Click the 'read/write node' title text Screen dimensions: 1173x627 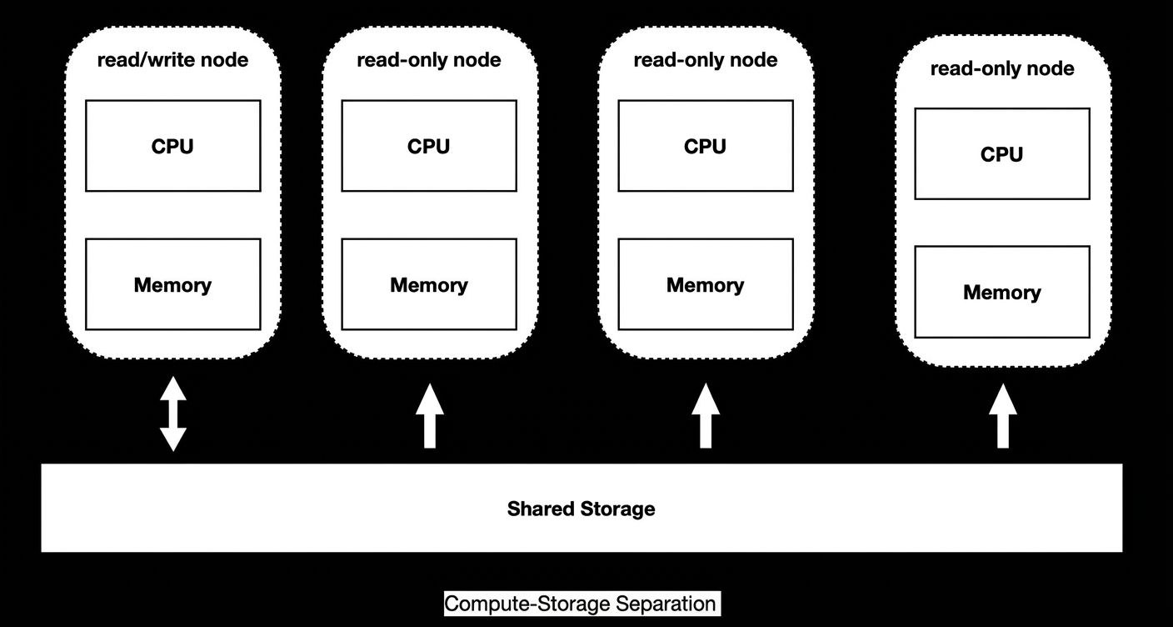[172, 60]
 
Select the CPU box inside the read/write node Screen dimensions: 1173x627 [172, 146]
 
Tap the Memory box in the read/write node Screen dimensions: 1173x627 [172, 284]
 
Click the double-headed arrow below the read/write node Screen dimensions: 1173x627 [172, 414]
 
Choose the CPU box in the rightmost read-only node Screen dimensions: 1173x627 [1002, 153]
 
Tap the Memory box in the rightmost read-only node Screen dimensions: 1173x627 [1002, 292]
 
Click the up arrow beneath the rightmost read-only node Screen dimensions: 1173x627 [1003, 416]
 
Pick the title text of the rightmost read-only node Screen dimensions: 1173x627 [1002, 68]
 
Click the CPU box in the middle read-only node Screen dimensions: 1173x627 [706, 146]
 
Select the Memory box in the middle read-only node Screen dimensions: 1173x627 [706, 284]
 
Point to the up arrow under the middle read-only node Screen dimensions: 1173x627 [706, 415]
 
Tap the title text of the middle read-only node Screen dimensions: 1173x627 [706, 60]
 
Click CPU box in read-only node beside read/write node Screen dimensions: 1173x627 [429, 146]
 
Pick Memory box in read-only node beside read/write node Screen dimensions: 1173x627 [429, 284]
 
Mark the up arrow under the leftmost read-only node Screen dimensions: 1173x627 [429, 415]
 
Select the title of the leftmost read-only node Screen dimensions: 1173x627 [429, 60]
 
